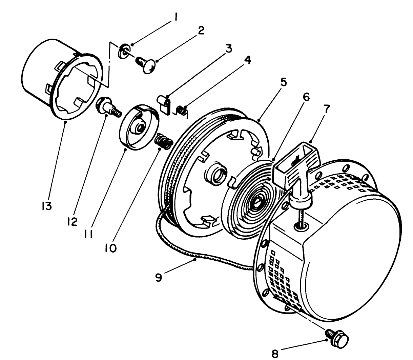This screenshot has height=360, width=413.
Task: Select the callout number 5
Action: click(x=283, y=82)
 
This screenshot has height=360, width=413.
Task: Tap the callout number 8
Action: click(x=275, y=354)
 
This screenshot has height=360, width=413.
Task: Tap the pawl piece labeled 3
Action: click(x=165, y=104)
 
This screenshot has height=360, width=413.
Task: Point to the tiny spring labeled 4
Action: click(x=183, y=111)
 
